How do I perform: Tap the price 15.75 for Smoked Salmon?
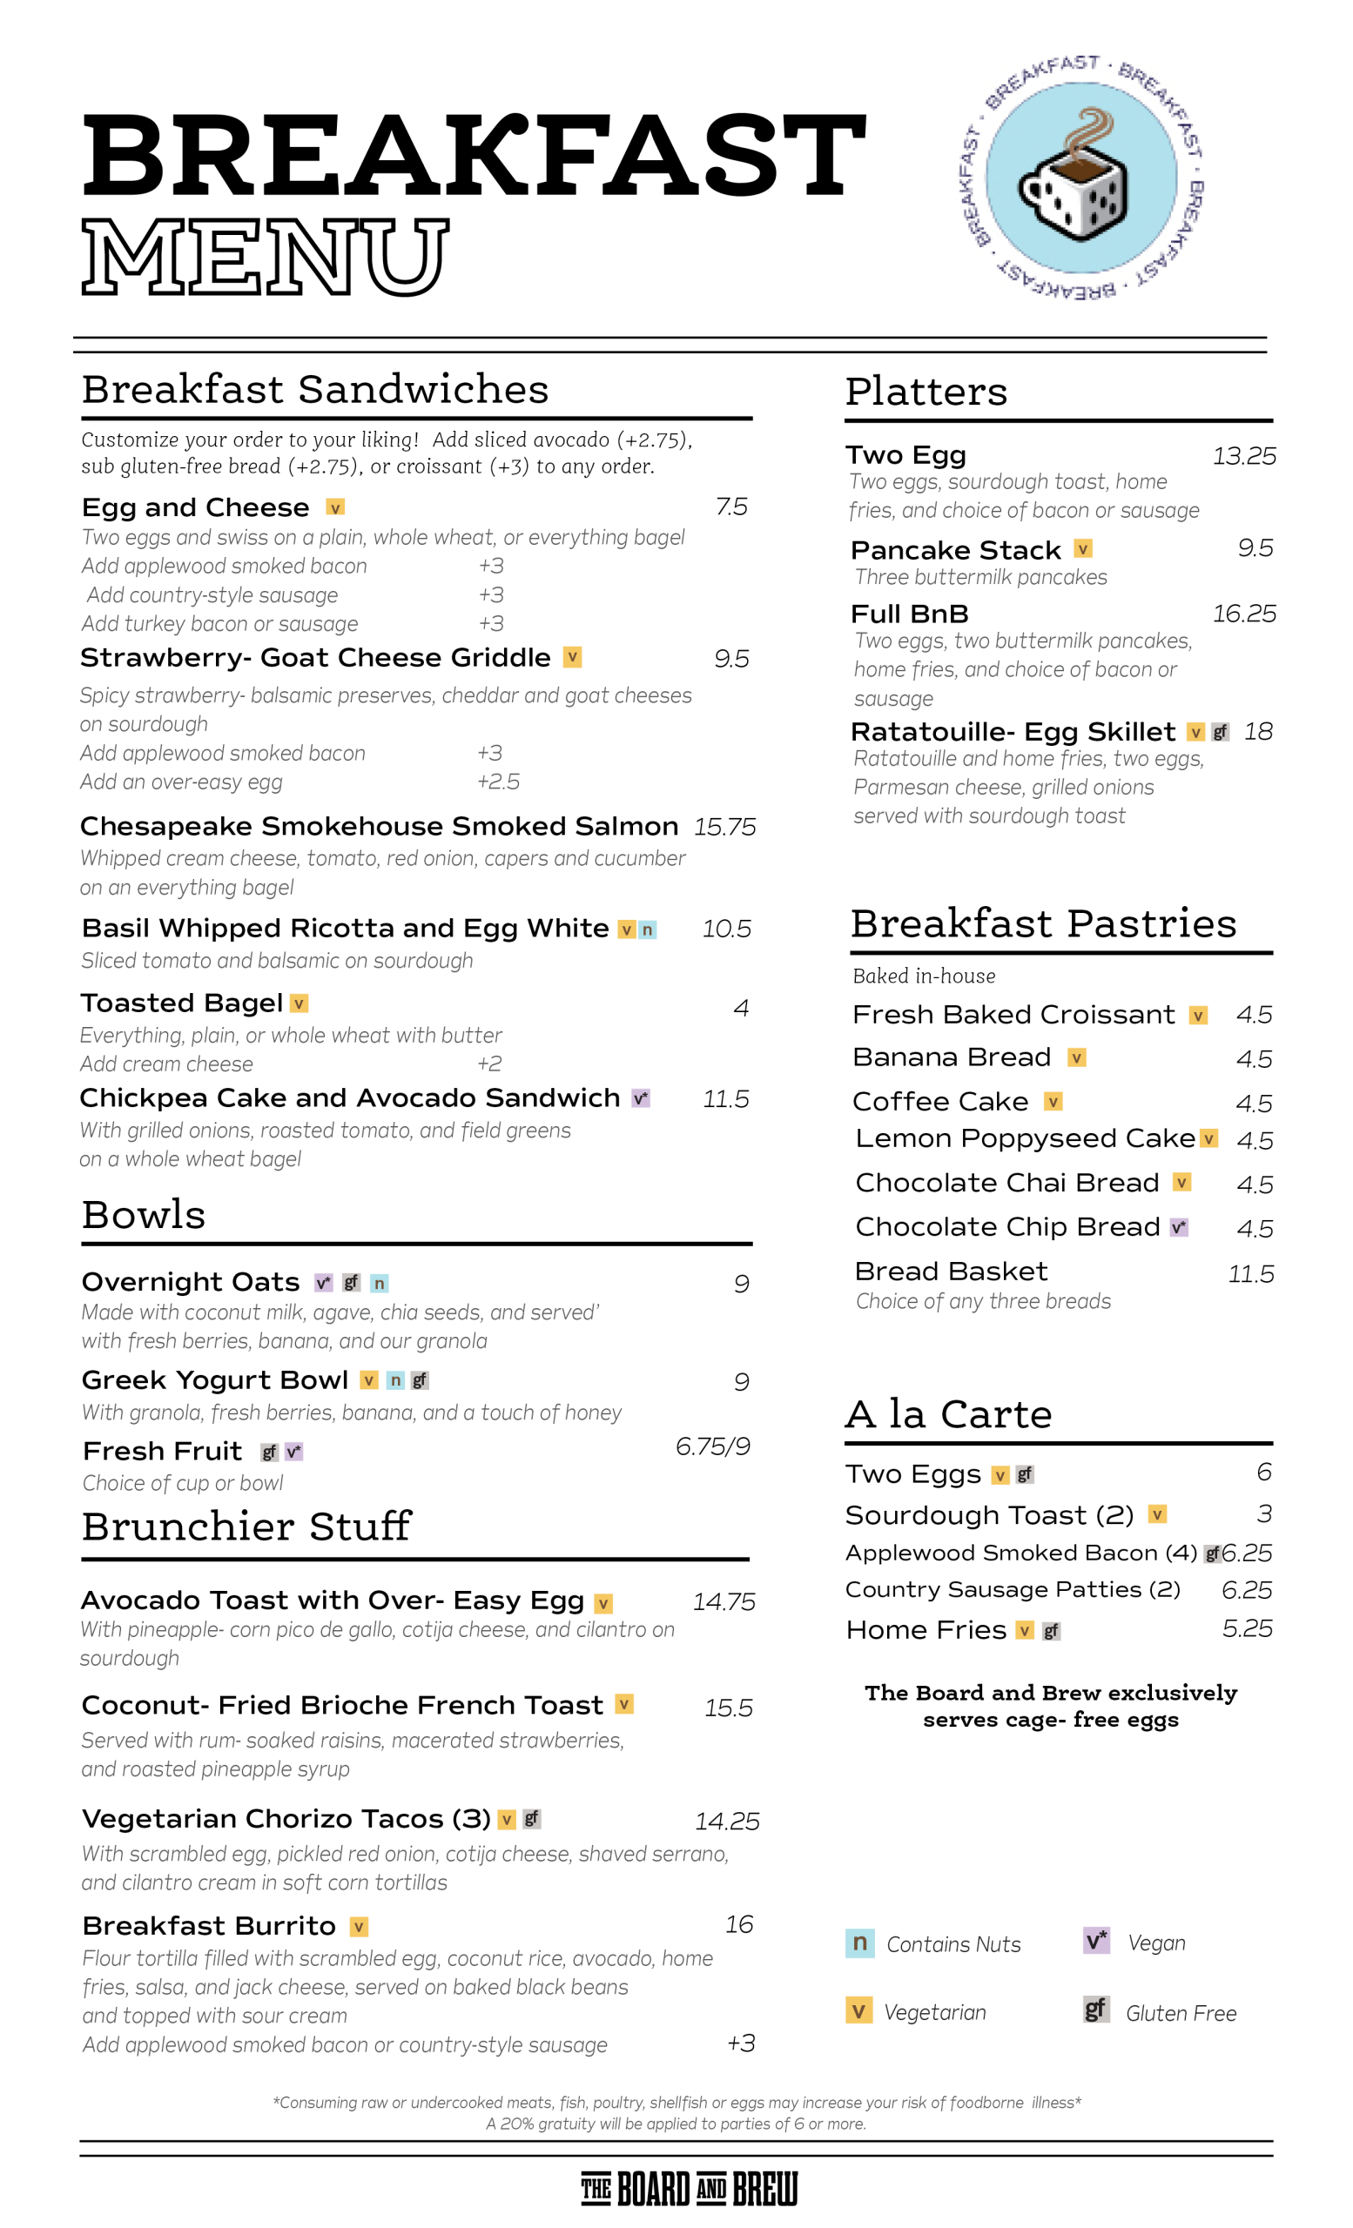(x=724, y=828)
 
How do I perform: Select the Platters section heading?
(x=926, y=392)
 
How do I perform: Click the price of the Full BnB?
(x=1243, y=614)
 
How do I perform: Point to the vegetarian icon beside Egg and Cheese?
(x=334, y=508)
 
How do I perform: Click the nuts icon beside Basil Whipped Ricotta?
(x=648, y=929)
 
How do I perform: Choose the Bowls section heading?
(x=144, y=1214)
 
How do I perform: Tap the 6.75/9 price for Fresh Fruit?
(x=713, y=1446)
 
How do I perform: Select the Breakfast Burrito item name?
(x=209, y=1926)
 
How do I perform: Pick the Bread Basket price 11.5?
(x=1250, y=1274)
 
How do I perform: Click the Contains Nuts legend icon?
(x=859, y=1943)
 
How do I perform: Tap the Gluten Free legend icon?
(x=1095, y=2010)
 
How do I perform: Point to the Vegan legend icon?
(x=1096, y=1941)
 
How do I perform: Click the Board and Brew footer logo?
(x=690, y=2189)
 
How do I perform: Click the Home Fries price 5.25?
(x=1246, y=1628)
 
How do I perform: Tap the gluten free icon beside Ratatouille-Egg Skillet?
(x=1220, y=733)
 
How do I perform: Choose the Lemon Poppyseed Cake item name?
(x=1025, y=1138)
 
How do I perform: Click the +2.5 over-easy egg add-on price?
(x=498, y=782)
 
